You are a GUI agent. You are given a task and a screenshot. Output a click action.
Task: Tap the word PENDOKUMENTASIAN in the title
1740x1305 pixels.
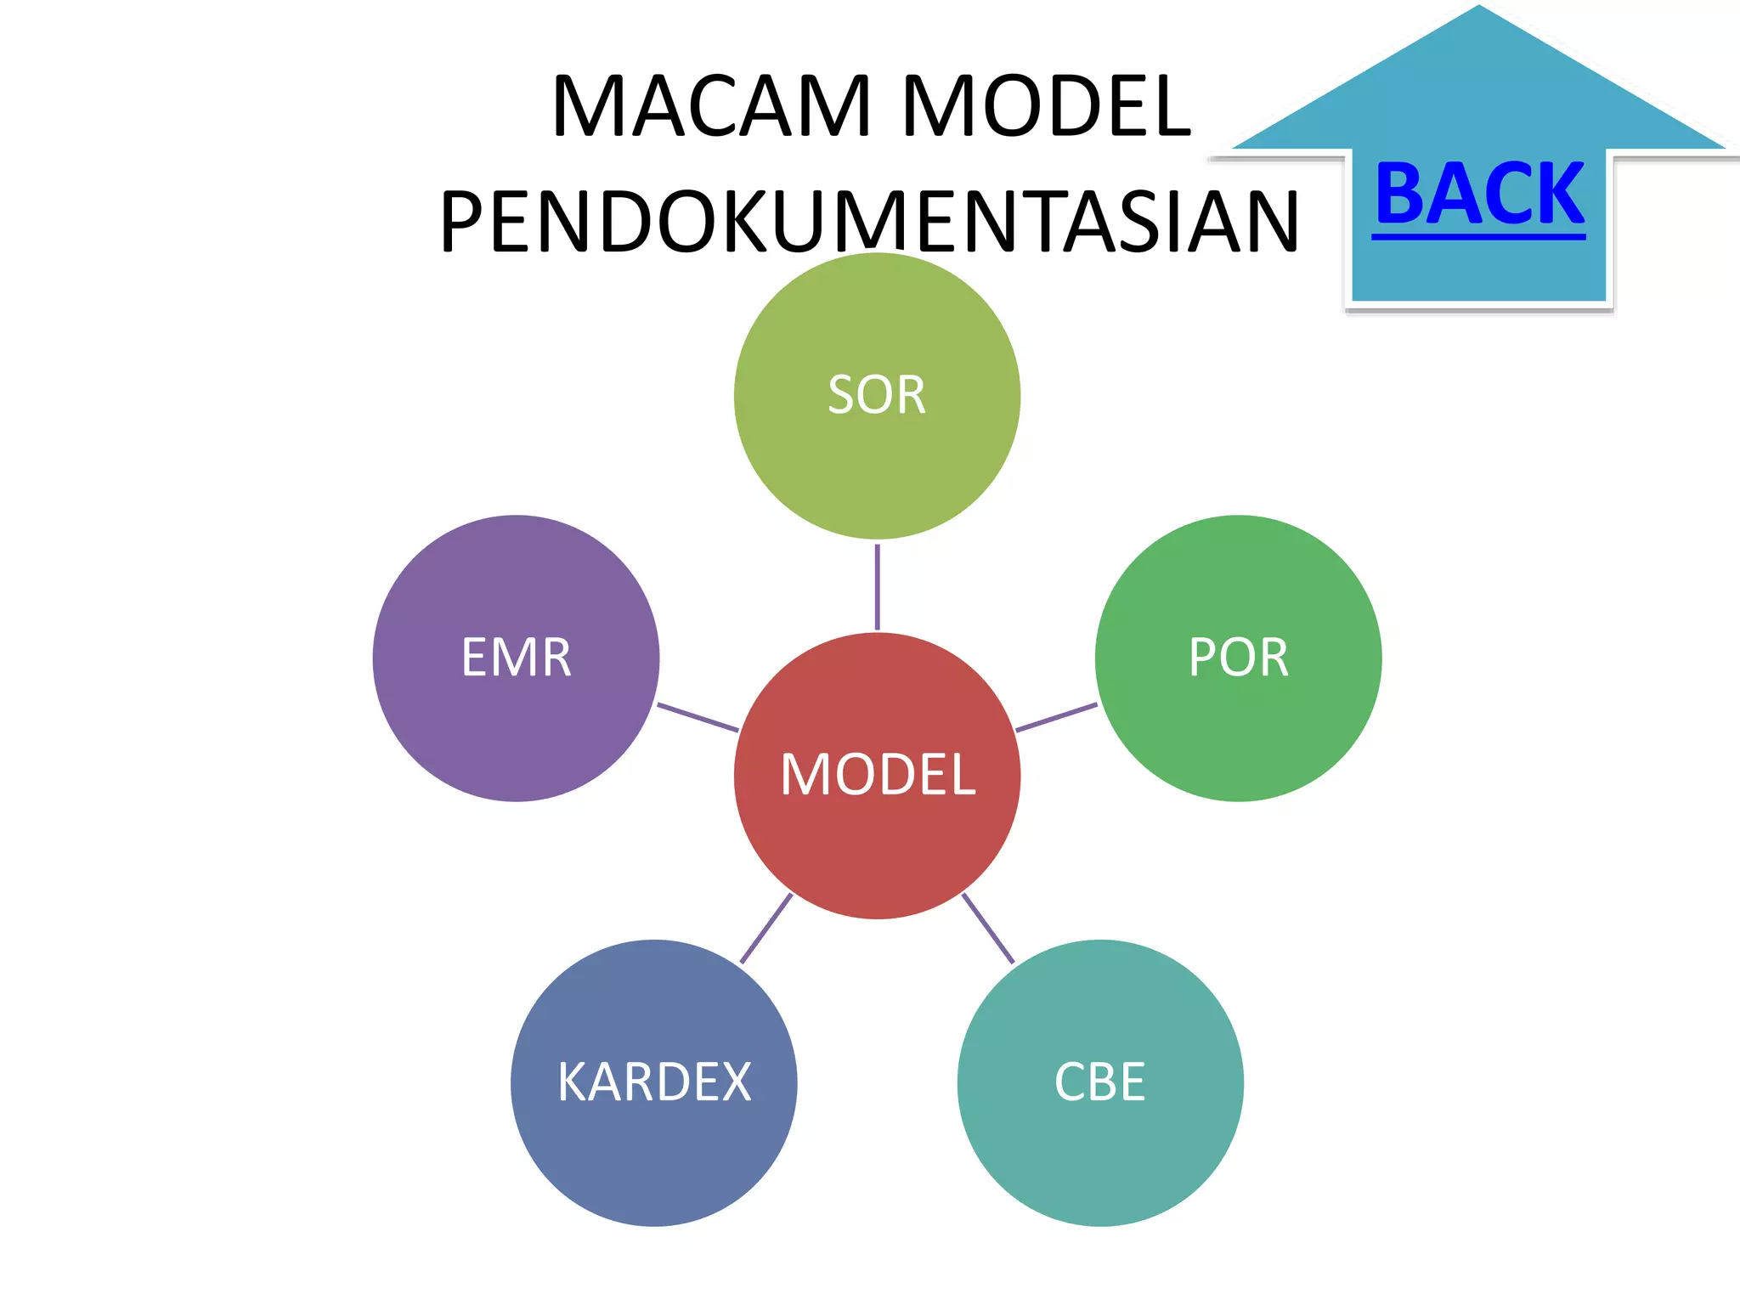(869, 223)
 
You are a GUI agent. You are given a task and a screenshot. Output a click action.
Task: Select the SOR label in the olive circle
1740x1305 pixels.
(877, 396)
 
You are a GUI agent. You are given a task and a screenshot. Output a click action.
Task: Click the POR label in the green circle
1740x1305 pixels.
(1239, 658)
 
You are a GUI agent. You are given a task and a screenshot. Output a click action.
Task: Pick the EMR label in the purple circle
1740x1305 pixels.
(516, 658)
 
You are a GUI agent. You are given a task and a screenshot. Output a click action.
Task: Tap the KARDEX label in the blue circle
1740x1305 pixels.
(654, 1083)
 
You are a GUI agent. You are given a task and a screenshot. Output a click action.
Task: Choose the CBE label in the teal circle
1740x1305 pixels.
(1100, 1083)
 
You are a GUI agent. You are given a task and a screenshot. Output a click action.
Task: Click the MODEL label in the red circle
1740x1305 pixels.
(878, 775)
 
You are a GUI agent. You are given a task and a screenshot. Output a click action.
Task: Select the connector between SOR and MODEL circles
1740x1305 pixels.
(877, 586)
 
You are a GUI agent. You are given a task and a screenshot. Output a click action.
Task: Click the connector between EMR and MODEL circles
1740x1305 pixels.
(698, 717)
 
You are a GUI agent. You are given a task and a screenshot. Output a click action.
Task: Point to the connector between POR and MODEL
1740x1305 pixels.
(1056, 717)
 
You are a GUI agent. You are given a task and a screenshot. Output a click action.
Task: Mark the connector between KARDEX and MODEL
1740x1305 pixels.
(765, 929)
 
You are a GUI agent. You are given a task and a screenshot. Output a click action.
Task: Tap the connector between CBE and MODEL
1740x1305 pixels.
(988, 929)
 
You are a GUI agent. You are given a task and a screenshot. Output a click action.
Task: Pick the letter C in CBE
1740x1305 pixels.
(1071, 1083)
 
